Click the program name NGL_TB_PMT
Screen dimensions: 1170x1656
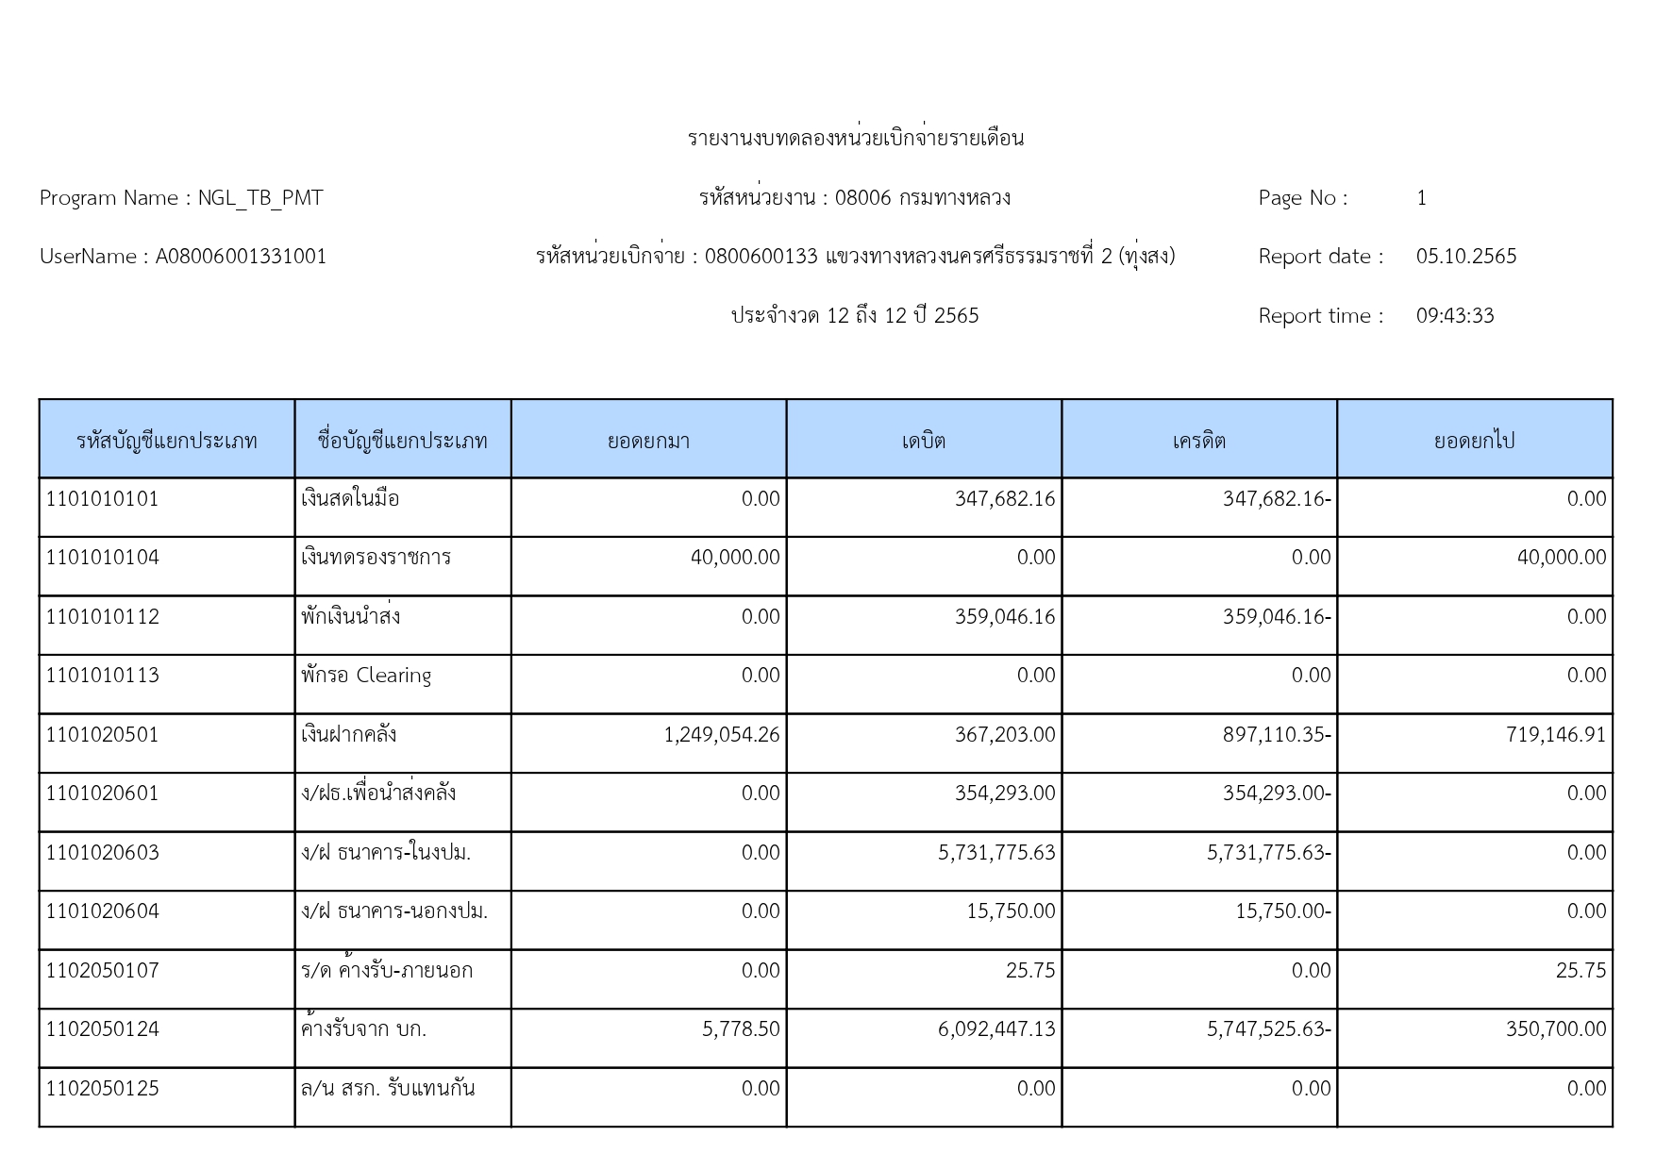(x=260, y=198)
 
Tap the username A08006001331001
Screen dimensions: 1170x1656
(x=241, y=257)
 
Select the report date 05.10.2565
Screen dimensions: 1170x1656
(x=1465, y=257)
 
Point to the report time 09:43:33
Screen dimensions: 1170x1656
(x=1454, y=316)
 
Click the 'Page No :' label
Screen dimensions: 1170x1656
(x=1302, y=198)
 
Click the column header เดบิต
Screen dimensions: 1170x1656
(x=924, y=441)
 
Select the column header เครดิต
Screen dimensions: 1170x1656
(x=1199, y=441)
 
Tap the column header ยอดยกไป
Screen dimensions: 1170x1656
(x=1474, y=441)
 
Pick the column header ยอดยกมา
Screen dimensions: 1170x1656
(x=648, y=441)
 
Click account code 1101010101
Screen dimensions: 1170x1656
(x=103, y=499)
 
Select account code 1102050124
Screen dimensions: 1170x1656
(x=103, y=1029)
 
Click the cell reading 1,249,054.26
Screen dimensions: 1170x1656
(x=722, y=735)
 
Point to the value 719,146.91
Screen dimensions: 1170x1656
(x=1555, y=735)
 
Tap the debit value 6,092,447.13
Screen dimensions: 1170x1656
(x=996, y=1029)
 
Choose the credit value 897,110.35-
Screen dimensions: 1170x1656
(x=1277, y=735)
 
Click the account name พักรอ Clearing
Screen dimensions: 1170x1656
(x=366, y=676)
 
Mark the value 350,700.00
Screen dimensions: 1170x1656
(x=1555, y=1029)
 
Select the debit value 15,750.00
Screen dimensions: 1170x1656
(x=1011, y=911)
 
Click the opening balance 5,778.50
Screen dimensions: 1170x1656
(x=741, y=1029)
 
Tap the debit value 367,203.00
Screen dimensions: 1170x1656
(x=1005, y=735)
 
